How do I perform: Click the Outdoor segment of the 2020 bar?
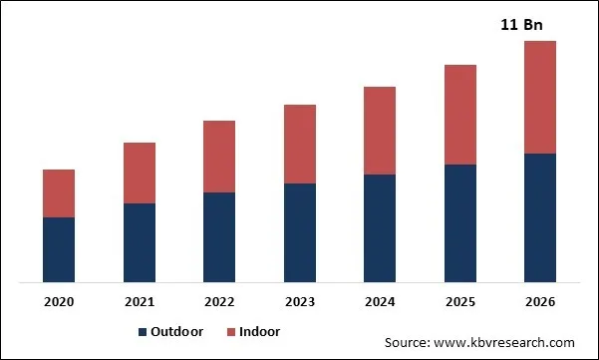[59, 249]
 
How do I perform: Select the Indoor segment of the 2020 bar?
[59, 193]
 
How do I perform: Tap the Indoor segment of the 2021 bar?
[140, 173]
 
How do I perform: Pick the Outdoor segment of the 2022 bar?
[219, 237]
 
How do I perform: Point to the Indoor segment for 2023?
[300, 144]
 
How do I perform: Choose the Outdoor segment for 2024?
[380, 228]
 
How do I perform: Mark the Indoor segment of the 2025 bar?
[459, 115]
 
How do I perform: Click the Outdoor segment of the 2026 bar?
[540, 217]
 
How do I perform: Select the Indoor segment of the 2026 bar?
[540, 97]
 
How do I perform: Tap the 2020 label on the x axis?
[59, 301]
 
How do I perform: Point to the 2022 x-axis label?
[219, 301]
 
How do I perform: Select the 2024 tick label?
[380, 301]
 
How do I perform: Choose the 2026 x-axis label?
[540, 301]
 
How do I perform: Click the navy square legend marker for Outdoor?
[143, 332]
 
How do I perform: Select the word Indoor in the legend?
[259, 332]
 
